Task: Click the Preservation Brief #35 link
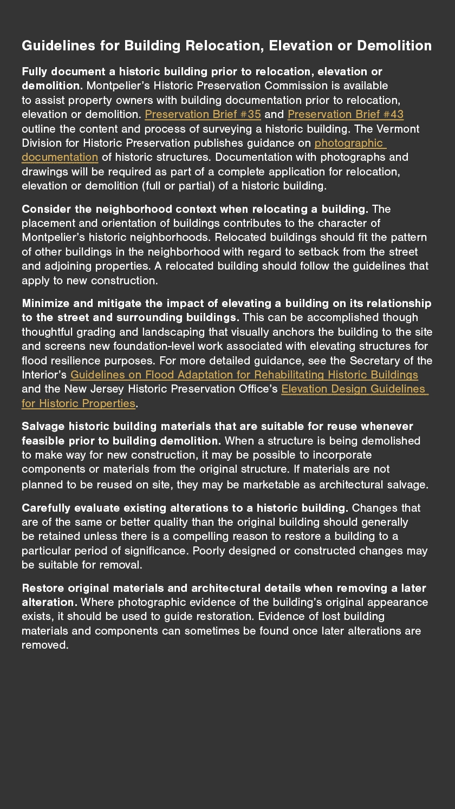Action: point(203,114)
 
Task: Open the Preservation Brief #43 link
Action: point(345,114)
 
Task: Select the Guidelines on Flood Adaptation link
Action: point(244,375)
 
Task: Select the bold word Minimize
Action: point(45,303)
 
